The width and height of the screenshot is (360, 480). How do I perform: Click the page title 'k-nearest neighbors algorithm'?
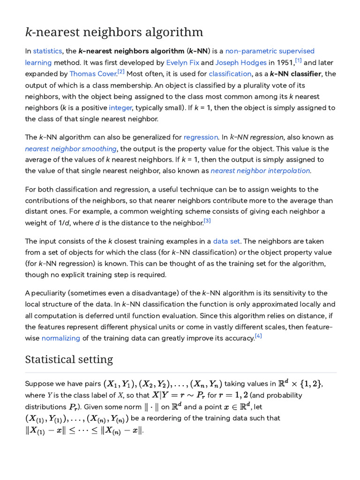(x=114, y=32)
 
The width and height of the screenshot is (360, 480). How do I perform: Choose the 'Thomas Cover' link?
(x=93, y=74)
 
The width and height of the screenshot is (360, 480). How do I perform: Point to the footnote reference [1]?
(x=298, y=60)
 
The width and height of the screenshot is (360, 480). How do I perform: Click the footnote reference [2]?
(x=121, y=72)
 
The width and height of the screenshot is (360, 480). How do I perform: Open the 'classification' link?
(x=230, y=74)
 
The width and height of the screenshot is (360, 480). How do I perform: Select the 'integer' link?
(x=120, y=107)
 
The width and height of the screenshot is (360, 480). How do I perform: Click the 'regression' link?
(x=201, y=137)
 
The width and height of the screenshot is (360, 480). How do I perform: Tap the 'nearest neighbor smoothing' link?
(x=71, y=149)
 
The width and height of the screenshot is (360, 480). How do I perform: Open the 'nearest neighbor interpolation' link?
(x=261, y=171)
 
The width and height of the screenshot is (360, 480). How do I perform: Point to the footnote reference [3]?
(x=207, y=221)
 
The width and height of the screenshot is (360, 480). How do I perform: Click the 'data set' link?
(x=226, y=241)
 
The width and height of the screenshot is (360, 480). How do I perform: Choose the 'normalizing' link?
(x=61, y=338)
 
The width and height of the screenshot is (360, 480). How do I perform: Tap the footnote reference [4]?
(x=258, y=336)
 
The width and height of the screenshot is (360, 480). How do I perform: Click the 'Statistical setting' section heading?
(x=69, y=360)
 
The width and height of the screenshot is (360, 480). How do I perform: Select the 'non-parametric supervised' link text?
(x=270, y=51)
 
